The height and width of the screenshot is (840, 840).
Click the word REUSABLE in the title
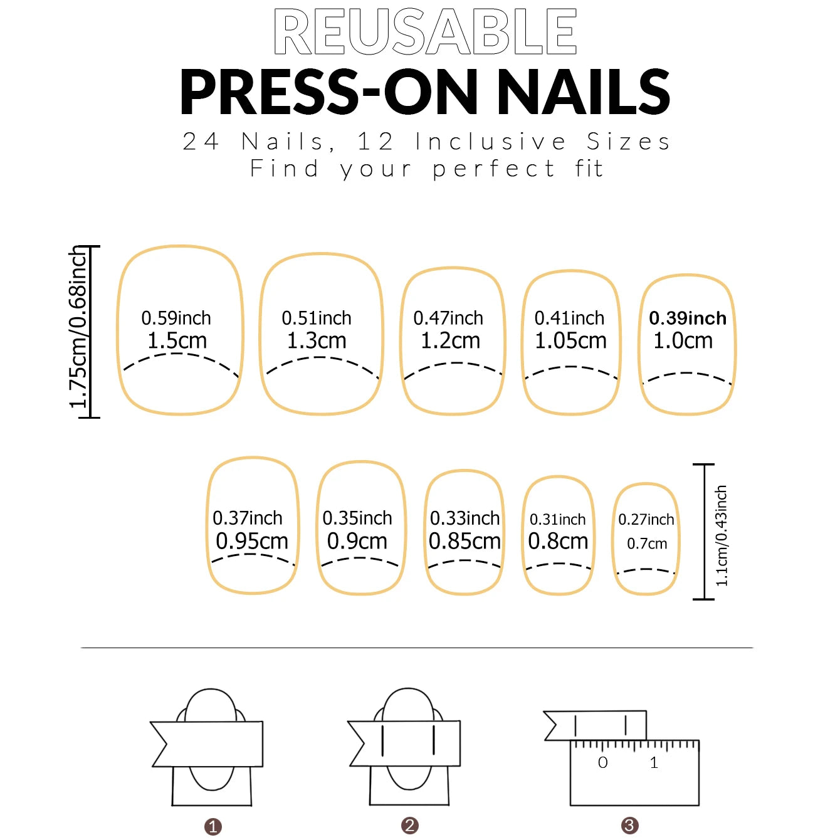425,31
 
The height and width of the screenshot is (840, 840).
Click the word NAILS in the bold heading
584,93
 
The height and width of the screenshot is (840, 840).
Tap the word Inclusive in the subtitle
491,142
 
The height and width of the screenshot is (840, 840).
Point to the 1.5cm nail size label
177,341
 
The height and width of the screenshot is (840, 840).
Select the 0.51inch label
317,318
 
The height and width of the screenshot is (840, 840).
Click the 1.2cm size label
450,341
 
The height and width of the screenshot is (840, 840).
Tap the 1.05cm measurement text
570,341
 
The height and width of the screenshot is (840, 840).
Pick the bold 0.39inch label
688,318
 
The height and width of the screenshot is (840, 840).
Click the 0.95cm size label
252,541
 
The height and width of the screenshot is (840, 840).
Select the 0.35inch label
357,518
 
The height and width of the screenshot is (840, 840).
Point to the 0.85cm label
465,541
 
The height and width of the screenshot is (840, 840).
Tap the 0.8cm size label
558,541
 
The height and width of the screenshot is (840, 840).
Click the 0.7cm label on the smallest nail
647,543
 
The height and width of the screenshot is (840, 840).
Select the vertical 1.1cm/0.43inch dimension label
722,536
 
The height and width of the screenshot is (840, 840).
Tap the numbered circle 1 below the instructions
213,826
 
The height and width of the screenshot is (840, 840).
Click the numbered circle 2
410,826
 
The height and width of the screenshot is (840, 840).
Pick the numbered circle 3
629,826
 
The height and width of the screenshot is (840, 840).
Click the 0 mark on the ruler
603,763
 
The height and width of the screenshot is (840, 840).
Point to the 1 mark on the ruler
654,763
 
